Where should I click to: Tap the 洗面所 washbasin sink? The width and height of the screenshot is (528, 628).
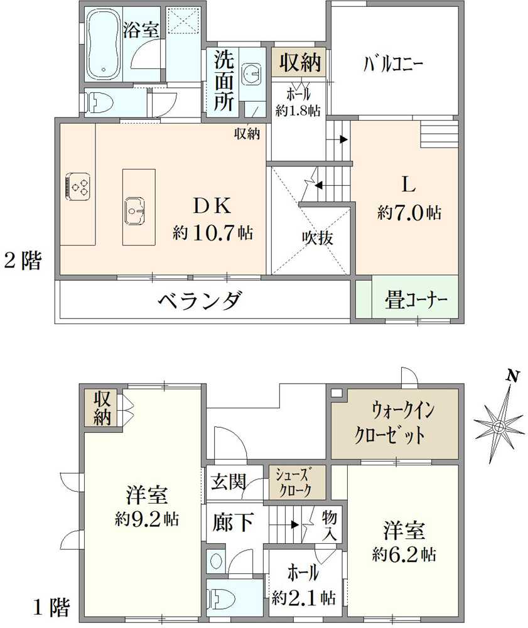[x=252, y=74]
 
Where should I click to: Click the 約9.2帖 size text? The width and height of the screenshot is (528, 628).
[x=146, y=519]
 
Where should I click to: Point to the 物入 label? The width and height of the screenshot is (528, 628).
[x=330, y=525]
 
